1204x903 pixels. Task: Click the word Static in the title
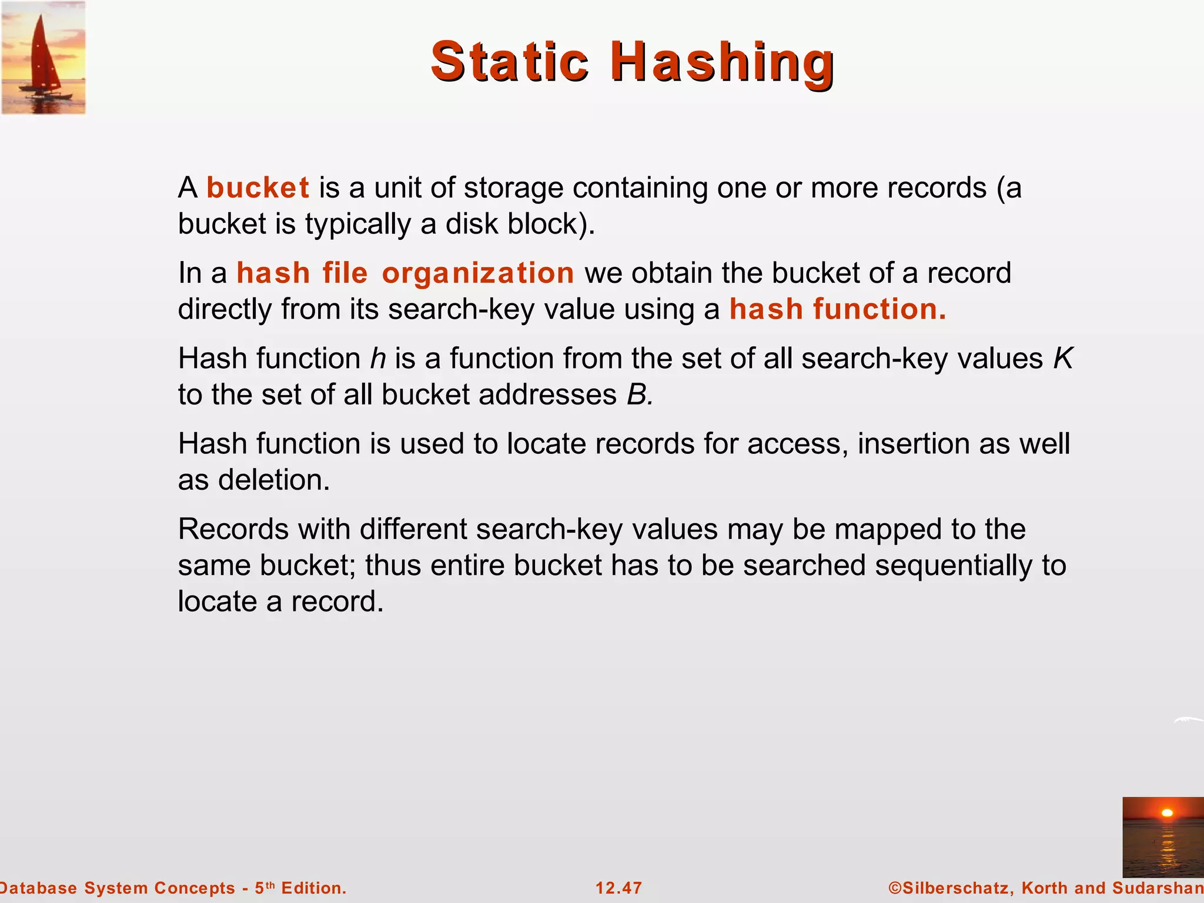click(509, 61)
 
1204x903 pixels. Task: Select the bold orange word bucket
click(257, 188)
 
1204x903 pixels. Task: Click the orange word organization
click(477, 273)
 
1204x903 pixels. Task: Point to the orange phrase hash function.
click(837, 309)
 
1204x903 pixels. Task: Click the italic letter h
click(377, 358)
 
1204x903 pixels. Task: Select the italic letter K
click(1062, 358)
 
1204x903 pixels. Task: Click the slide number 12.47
click(618, 888)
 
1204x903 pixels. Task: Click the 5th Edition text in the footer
click(300, 888)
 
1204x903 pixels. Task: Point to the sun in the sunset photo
click(1167, 813)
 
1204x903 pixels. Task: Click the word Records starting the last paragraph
click(233, 529)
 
